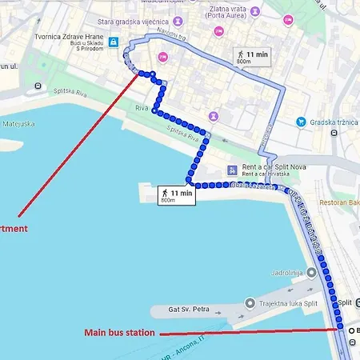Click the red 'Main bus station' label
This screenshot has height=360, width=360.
tap(120, 333)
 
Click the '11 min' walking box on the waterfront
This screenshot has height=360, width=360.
tap(177, 195)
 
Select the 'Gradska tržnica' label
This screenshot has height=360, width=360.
tap(333, 122)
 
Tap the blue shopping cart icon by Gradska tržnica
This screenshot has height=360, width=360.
tap(301, 122)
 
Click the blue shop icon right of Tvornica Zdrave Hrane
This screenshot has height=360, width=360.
tap(114, 42)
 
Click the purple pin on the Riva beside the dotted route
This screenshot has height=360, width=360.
tap(214, 117)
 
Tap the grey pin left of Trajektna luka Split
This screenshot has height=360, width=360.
tap(250, 303)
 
